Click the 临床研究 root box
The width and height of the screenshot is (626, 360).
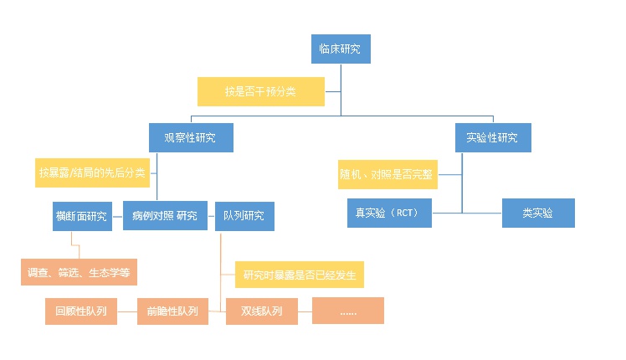340,49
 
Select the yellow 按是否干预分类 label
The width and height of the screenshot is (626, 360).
260,91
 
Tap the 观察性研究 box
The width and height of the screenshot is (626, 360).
191,137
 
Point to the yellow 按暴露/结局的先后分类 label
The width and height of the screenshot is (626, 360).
92,172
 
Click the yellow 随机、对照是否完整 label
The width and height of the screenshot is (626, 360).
387,175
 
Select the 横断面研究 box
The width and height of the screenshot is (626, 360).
81,216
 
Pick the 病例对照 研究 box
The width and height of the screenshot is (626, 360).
164,216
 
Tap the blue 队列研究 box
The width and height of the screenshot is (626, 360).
244,216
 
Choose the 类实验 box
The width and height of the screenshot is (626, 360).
538,213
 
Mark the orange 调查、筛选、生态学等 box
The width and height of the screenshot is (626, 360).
79,272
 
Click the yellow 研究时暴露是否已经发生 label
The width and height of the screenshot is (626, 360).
299,274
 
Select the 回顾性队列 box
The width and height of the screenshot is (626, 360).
80,311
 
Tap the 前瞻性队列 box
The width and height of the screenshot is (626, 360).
172,311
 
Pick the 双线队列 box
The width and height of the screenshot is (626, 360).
262,311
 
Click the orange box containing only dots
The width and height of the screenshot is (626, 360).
347,311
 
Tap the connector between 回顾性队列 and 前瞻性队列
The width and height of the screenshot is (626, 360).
126,311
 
